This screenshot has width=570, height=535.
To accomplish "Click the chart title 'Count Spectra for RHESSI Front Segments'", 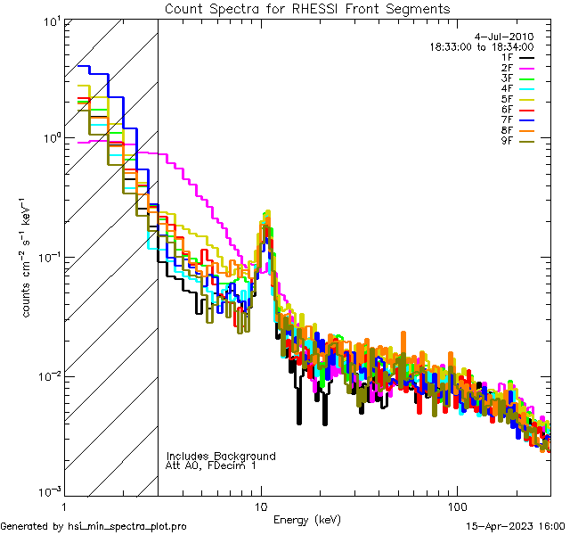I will tap(308, 9).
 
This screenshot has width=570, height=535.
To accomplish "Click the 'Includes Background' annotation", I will tap(221, 456).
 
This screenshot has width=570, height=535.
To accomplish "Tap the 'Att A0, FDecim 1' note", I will tap(210, 465).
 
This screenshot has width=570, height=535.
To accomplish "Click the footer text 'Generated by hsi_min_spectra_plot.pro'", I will tap(94, 526).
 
